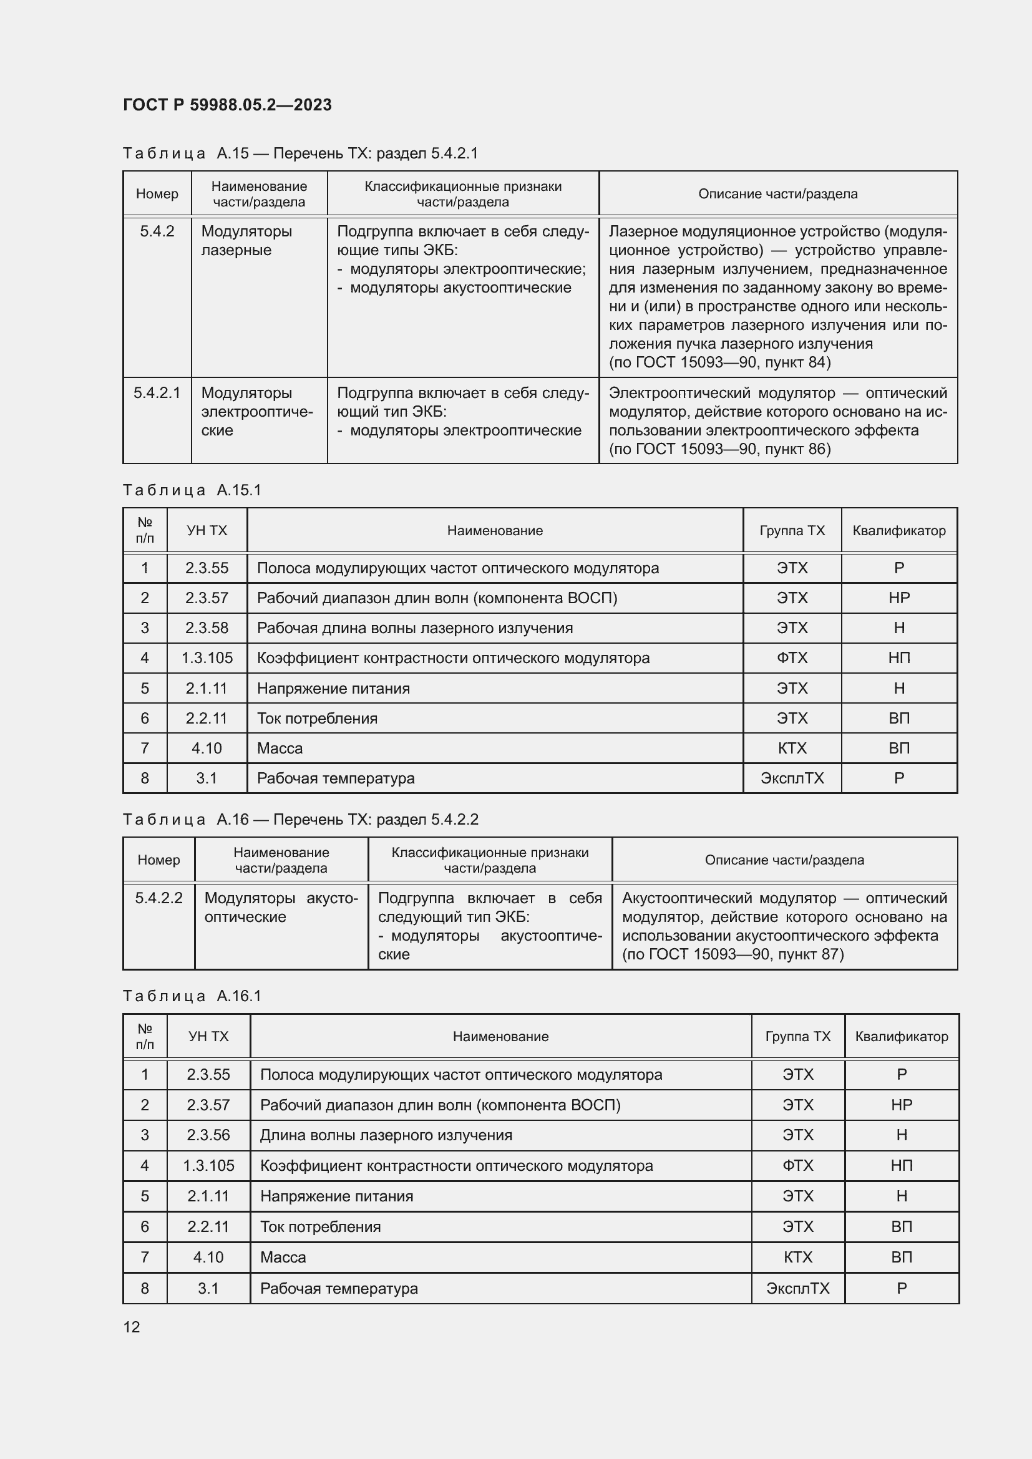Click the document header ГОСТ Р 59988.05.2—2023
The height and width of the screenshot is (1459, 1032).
227,105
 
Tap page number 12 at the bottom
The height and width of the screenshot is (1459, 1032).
132,1327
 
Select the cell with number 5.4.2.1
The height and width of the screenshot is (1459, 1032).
157,394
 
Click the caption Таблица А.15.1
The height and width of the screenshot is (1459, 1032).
192,490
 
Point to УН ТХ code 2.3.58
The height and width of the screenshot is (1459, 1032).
207,628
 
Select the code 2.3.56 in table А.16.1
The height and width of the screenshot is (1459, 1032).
208,1135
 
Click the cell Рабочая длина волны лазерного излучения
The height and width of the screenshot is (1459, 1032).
414,628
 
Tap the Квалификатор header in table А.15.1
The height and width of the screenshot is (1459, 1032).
898,531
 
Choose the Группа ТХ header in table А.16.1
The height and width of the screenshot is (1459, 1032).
797,1037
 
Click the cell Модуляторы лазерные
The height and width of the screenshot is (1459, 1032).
246,241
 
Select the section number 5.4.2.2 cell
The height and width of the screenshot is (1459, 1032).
158,898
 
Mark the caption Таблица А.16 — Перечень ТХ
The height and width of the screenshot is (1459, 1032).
300,819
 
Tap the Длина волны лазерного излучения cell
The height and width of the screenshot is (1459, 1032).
386,1135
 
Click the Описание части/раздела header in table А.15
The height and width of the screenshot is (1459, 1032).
778,194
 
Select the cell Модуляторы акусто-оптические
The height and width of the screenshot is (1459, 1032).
281,908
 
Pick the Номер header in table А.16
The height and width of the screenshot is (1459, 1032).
158,860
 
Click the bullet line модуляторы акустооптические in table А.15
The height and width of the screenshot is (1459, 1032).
460,288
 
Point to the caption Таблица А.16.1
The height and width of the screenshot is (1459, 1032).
192,996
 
